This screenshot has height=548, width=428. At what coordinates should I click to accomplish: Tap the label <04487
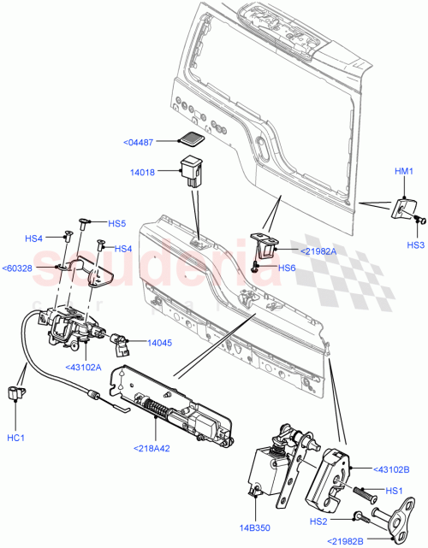[x=140, y=143]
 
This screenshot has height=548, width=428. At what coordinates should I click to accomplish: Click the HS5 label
[x=116, y=224]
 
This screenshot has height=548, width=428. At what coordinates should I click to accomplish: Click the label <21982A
[x=318, y=250]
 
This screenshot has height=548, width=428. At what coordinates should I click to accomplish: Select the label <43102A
[x=83, y=367]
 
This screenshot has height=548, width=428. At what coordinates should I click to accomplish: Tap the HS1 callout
[x=394, y=490]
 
